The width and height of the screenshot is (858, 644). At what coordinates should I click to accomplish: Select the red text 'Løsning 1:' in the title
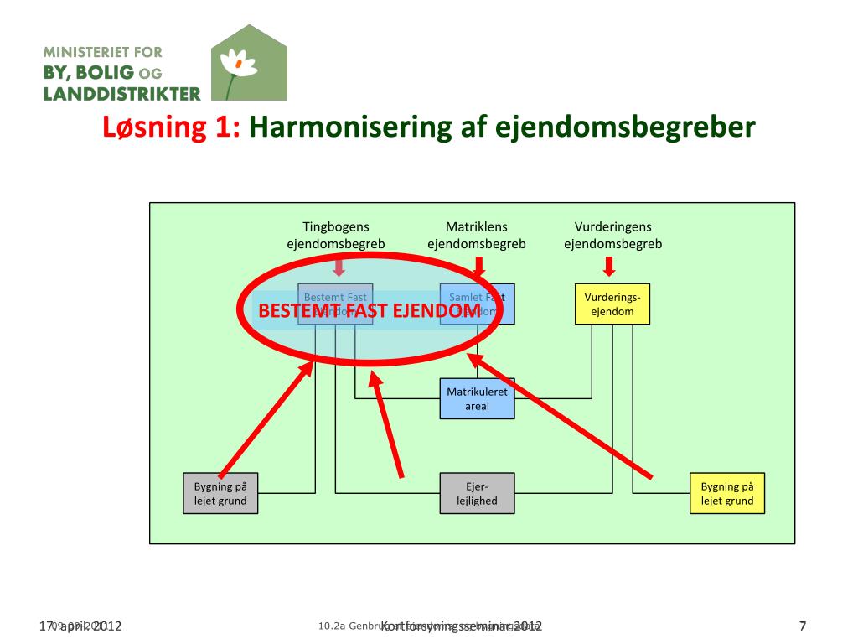coord(172,127)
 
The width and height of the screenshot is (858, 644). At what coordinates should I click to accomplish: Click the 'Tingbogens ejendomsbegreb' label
coord(336,236)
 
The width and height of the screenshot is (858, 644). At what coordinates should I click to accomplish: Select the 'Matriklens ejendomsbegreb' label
coord(477,236)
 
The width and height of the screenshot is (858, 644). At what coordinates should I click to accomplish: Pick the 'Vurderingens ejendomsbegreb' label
coord(612,236)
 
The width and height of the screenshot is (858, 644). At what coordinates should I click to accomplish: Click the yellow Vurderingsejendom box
coord(612,304)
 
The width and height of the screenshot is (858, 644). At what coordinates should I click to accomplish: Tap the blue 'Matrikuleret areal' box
coord(477,399)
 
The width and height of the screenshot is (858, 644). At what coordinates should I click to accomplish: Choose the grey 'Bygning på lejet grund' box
coord(220,494)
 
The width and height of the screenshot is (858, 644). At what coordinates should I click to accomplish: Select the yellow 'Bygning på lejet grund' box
coord(727,494)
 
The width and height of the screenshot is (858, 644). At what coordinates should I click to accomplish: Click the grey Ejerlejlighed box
coord(477,494)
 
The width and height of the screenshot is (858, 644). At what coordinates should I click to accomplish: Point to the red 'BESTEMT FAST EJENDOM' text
coord(370,311)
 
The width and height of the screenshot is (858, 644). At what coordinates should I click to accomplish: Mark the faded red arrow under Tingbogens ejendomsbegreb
coord(339,267)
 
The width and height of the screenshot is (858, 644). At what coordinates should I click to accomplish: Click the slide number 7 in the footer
coord(803,626)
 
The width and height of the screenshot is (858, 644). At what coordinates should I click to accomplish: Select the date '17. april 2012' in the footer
coord(80,626)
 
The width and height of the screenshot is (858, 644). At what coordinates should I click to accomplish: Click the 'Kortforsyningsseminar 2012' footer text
coord(462,626)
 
